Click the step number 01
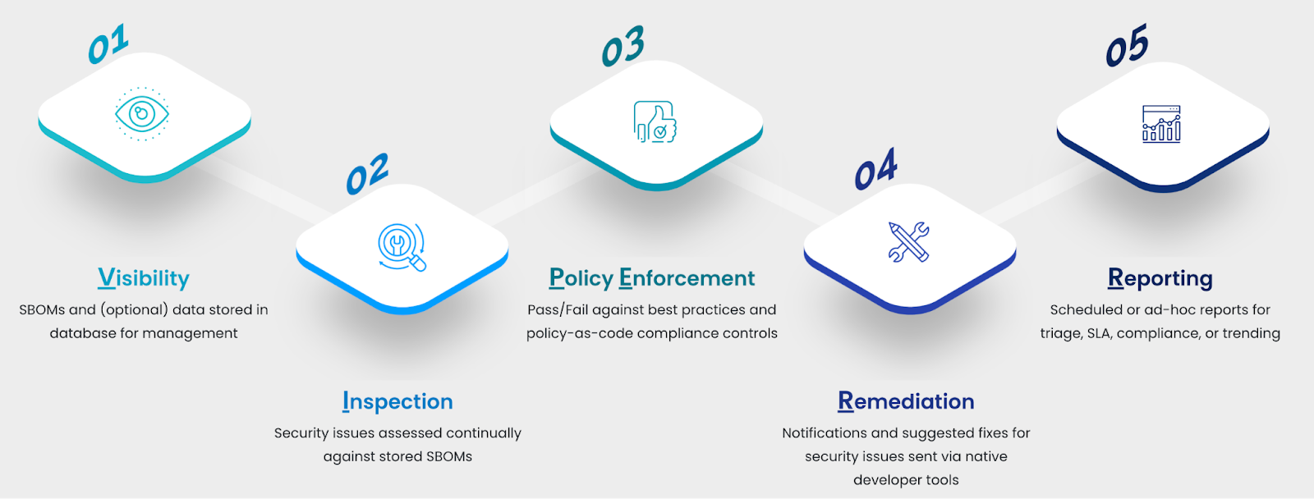click(x=108, y=44)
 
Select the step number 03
click(x=623, y=46)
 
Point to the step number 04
click(x=875, y=168)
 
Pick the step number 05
click(x=1127, y=45)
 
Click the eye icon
click(x=142, y=114)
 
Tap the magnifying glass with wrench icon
click(x=402, y=247)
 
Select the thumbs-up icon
click(x=655, y=122)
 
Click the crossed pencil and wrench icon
click(x=908, y=241)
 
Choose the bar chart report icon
click(x=1161, y=124)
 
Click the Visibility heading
click(x=144, y=278)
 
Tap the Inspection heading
click(x=397, y=401)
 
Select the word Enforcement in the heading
click(x=687, y=278)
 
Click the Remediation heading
click(x=906, y=401)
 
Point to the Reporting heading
click(x=1160, y=278)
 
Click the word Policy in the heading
click(x=581, y=278)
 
